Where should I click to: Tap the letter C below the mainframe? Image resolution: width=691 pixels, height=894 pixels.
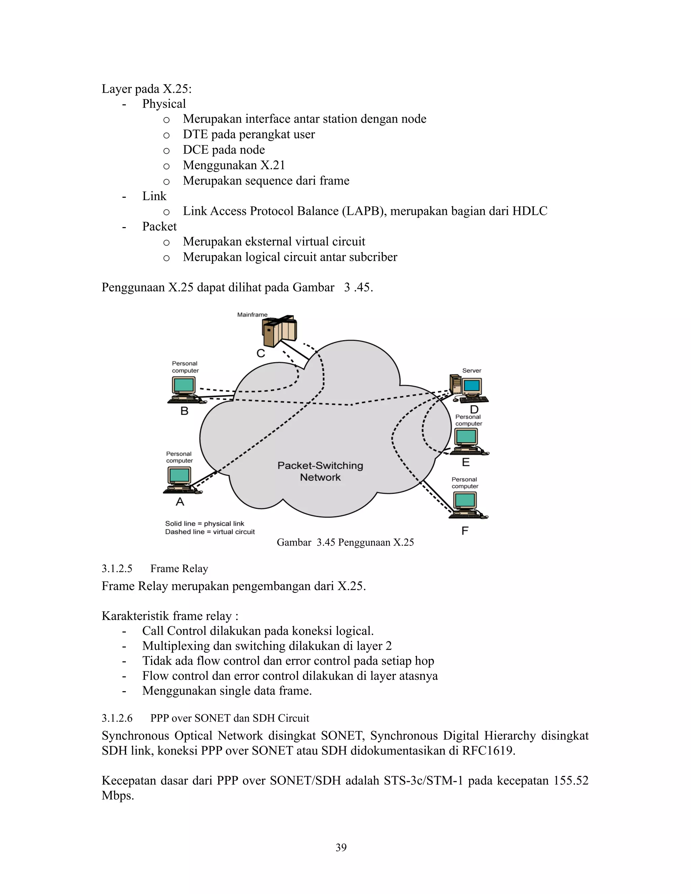261,353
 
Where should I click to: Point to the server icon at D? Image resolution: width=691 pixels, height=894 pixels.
468,388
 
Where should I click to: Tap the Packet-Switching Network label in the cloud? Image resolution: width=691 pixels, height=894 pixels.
320,471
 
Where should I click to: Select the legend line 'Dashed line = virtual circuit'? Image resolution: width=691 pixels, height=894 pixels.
210,532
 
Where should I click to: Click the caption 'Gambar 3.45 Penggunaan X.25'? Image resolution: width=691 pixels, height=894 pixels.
345,542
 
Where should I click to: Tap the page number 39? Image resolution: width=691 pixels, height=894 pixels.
341,847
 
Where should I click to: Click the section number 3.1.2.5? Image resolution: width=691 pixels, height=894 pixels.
117,568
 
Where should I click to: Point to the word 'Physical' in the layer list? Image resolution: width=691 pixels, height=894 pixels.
164,104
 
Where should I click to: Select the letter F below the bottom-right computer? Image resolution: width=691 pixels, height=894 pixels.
465,531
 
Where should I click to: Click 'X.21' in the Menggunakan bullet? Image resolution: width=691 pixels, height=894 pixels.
273,165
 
